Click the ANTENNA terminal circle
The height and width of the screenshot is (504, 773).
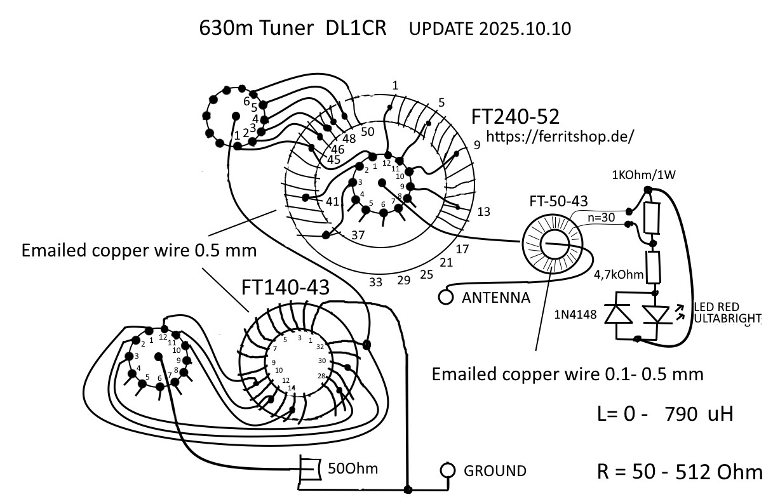(445, 297)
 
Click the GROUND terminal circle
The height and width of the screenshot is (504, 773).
(448, 470)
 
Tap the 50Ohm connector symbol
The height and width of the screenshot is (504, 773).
(309, 468)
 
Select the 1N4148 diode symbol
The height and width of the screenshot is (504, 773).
(619, 314)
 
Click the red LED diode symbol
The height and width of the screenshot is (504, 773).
(656, 315)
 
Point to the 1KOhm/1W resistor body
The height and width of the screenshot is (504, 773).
(652, 218)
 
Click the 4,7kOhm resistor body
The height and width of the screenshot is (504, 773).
(653, 267)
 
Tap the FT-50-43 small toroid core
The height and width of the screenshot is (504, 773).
(551, 243)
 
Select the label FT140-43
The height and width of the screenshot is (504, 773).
(285, 287)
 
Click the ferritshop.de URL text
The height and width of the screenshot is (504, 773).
(560, 136)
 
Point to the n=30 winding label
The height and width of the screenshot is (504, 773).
(601, 217)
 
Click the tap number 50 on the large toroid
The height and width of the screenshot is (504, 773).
(368, 131)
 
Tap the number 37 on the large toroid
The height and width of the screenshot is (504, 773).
(358, 235)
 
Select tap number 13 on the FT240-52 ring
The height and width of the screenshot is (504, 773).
(483, 211)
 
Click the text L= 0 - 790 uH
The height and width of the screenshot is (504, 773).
(665, 414)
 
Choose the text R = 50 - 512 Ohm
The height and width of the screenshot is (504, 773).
(680, 472)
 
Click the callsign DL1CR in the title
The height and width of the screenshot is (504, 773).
(356, 28)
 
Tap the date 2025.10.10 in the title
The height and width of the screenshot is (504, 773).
(525, 29)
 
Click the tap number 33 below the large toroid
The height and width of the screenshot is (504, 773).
(375, 282)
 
